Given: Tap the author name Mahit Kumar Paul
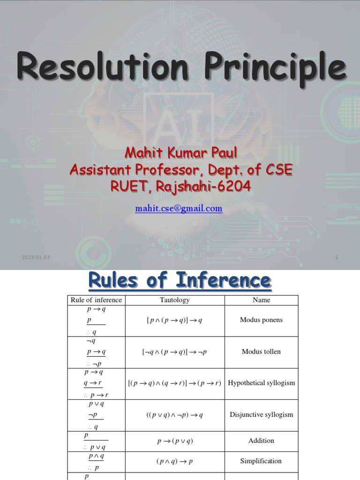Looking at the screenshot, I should [180, 152].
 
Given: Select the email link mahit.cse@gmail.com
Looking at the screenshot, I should [179, 208].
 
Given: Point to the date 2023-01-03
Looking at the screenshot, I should [35, 257].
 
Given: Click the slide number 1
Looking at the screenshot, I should [337, 257].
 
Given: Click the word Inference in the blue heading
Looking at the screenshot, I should [224, 281].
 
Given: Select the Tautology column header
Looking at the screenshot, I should [174, 300].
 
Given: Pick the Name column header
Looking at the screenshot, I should [261, 300].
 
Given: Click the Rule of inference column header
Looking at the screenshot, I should [96, 300].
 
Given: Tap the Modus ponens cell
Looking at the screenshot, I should [261, 320].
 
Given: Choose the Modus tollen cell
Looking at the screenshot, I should [261, 352].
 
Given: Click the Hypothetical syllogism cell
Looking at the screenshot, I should [261, 383].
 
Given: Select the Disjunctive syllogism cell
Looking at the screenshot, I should [261, 414].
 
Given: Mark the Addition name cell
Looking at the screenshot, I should [261, 441].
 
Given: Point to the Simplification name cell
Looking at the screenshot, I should [261, 461].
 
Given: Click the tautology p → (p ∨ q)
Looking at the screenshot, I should [175, 441].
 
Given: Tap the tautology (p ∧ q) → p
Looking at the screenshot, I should [175, 461].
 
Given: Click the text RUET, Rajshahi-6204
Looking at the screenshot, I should [180, 187].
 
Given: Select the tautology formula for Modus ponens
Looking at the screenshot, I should [175, 321].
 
